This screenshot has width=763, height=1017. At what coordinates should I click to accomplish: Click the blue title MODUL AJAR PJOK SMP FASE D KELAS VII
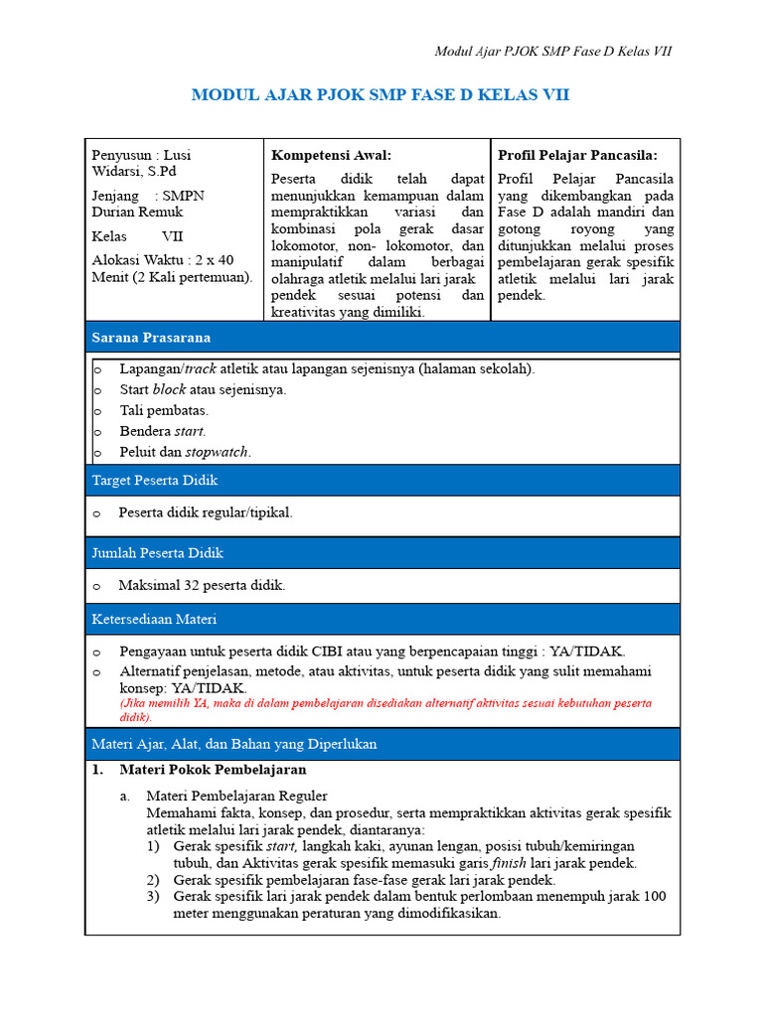point(381,95)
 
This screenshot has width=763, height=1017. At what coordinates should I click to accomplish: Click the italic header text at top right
point(553,52)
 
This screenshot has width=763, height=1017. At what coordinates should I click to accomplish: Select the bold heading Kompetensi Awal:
point(331,155)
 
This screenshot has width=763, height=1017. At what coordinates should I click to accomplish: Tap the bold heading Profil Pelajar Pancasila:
point(577,155)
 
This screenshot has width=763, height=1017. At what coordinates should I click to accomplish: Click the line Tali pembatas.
point(164,410)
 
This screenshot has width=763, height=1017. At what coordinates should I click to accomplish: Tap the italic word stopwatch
point(218,452)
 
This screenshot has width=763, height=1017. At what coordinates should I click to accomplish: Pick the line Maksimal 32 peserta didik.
point(202,585)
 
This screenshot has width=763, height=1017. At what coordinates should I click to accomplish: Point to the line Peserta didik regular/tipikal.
point(206,512)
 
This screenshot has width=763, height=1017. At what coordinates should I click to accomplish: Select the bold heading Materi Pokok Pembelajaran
point(213,770)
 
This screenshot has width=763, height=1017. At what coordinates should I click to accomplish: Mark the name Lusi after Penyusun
point(177,155)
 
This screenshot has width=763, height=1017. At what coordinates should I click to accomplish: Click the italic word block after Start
point(169,389)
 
